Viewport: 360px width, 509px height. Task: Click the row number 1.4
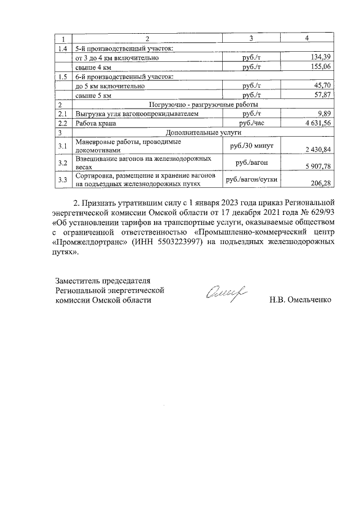click(x=62, y=48)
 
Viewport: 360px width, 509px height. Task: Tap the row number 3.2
click(x=62, y=163)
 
